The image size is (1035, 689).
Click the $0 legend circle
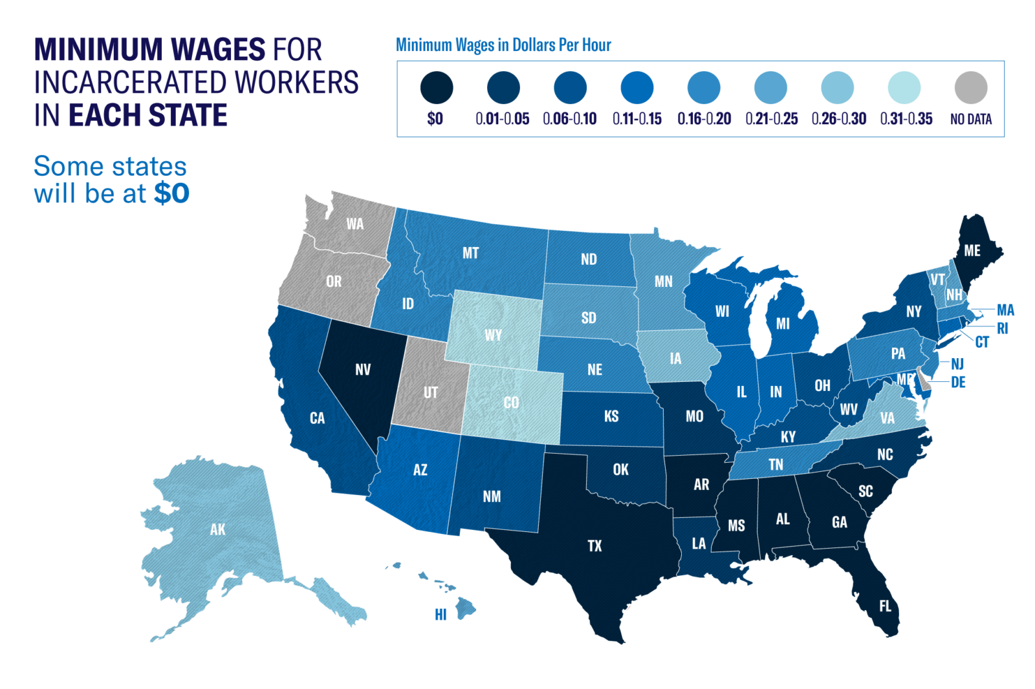click(436, 87)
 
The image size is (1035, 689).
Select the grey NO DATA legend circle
click(970, 87)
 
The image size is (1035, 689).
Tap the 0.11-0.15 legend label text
click(637, 119)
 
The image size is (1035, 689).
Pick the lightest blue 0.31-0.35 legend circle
click(904, 87)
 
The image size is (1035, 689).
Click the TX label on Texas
click(594, 546)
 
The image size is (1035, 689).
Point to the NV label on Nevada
click(363, 370)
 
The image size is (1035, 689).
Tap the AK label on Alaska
click(217, 530)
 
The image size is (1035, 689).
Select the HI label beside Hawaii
click(441, 615)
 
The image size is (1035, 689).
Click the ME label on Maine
click(972, 251)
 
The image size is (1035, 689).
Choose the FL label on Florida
click(885, 606)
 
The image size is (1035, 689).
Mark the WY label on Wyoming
click(493, 335)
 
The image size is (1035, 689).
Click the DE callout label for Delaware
click(958, 383)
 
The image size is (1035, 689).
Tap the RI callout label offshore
click(1002, 328)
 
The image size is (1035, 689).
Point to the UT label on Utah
click(430, 392)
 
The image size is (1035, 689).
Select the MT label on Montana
click(470, 253)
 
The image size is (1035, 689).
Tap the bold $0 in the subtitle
click(171, 193)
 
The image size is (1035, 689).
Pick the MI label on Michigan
click(783, 324)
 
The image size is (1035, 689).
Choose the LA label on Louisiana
click(699, 544)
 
